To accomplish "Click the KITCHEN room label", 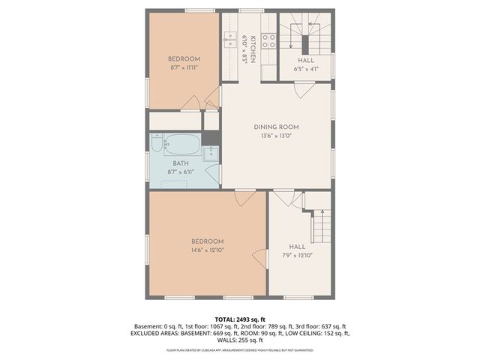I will pyautogui.click(x=253, y=43).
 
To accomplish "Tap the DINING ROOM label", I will pyautogui.click(x=276, y=127).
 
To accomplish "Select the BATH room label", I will pyautogui.click(x=181, y=163).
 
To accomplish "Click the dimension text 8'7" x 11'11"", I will pyautogui.click(x=184, y=67).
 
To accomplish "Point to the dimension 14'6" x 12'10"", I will pyautogui.click(x=208, y=250).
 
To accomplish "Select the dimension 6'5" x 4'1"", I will pyautogui.click(x=306, y=68).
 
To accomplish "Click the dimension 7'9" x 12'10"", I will pyautogui.click(x=298, y=255).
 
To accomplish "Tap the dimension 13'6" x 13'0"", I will pyautogui.click(x=276, y=136).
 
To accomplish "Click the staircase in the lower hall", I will pyautogui.click(x=322, y=224).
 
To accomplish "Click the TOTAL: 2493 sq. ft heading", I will pyautogui.click(x=239, y=319).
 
